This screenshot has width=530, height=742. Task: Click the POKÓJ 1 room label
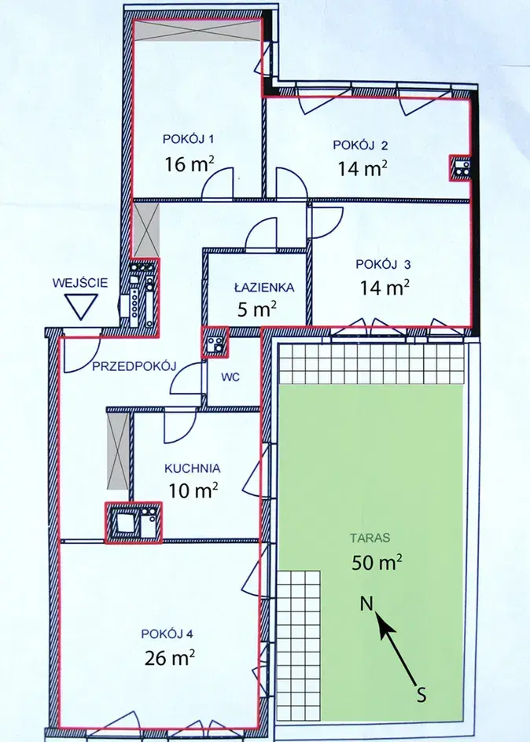(x=189, y=139)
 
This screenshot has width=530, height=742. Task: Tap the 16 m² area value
(x=190, y=163)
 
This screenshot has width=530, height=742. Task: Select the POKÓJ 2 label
(x=360, y=145)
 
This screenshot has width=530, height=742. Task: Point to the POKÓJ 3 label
(x=383, y=264)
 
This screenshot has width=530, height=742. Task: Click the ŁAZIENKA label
(x=264, y=287)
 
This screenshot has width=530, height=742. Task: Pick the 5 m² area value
(x=257, y=310)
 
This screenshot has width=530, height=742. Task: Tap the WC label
(x=230, y=377)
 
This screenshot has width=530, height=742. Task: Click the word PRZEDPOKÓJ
(x=134, y=365)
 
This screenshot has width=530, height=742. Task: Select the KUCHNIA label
(x=192, y=468)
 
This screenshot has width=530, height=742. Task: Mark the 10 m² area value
(x=193, y=490)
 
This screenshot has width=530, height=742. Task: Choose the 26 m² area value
(x=170, y=657)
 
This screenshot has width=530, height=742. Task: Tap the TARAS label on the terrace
(x=370, y=538)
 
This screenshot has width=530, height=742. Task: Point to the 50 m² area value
(x=377, y=562)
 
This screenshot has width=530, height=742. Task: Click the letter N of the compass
(x=367, y=604)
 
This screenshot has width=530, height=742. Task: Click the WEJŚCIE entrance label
(x=80, y=283)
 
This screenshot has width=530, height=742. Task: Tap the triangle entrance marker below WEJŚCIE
(x=81, y=307)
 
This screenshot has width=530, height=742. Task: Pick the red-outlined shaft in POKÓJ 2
(x=460, y=167)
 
